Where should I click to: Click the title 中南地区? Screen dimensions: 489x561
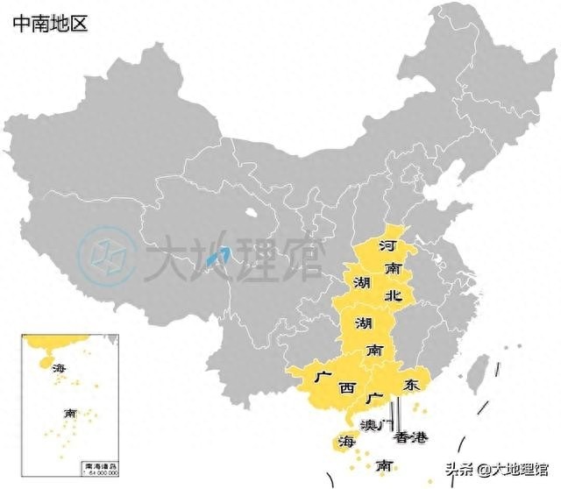click(51, 23)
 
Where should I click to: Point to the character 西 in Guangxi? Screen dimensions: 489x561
click(347, 386)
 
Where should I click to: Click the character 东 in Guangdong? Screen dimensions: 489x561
click(410, 386)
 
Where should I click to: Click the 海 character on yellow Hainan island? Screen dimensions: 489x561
click(346, 439)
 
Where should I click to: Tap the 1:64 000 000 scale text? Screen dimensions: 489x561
click(101, 473)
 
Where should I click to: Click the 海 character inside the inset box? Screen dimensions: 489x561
click(59, 367)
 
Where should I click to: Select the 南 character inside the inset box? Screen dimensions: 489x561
click(69, 413)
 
